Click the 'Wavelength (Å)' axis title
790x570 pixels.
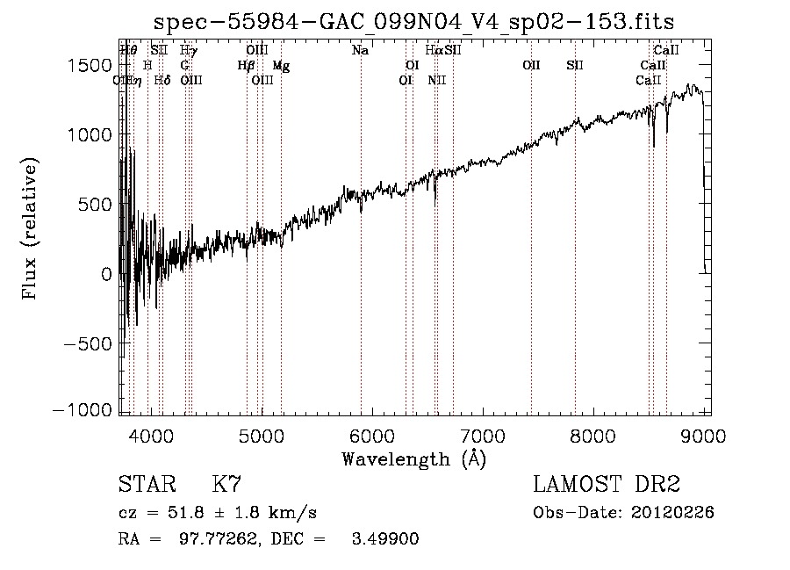pyautogui.click(x=413, y=458)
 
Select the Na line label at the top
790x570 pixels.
pyautogui.click(x=360, y=50)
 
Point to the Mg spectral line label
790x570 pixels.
pyautogui.click(x=280, y=65)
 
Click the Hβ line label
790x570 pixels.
pyautogui.click(x=246, y=65)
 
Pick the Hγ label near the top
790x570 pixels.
pyautogui.click(x=189, y=50)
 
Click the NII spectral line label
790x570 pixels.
pyautogui.click(x=437, y=80)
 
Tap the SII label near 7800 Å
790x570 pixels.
pyautogui.click(x=575, y=65)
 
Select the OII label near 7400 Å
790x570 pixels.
pyautogui.click(x=531, y=65)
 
